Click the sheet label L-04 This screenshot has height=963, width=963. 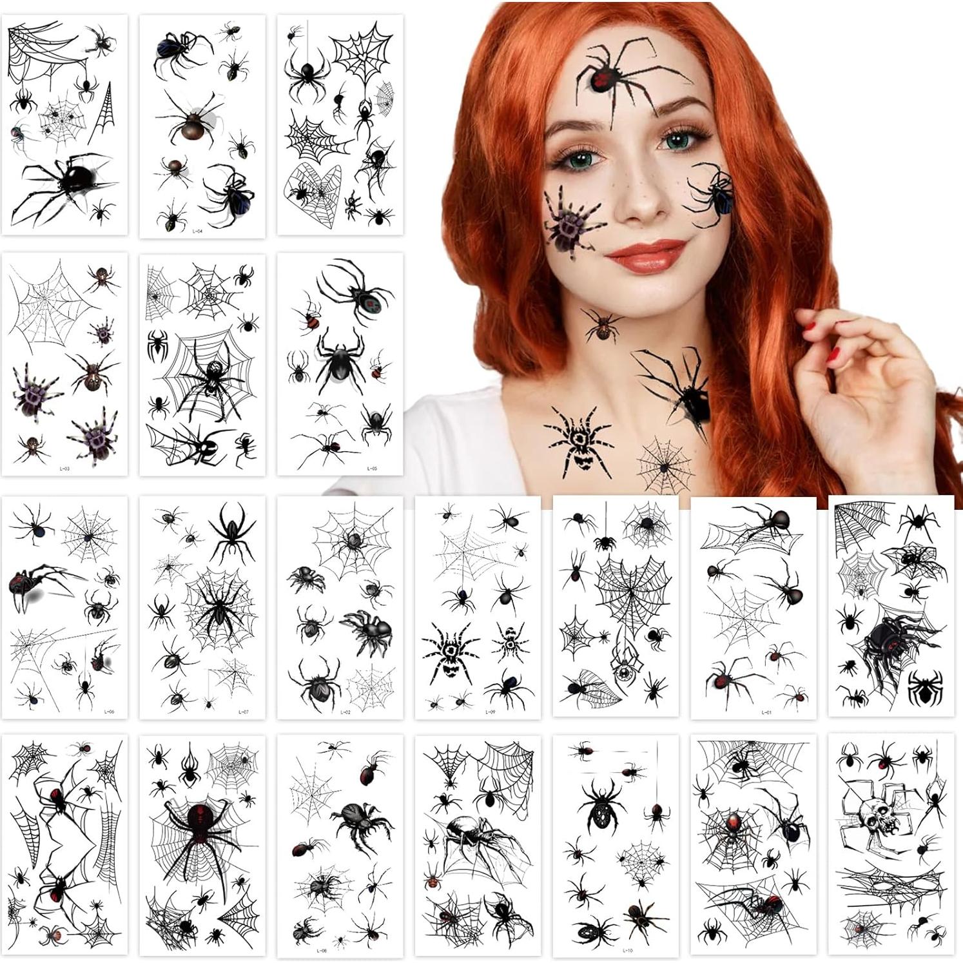pos(198,231)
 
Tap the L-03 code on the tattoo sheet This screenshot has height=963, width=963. pos(64,469)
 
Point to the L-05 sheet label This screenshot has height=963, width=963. pos(372,469)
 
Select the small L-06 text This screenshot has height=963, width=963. pos(110,712)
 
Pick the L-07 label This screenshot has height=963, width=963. pos(243,712)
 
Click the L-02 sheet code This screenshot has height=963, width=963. pos(345,712)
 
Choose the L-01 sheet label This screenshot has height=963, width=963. pos(766,712)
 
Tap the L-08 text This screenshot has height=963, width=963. pos(322,950)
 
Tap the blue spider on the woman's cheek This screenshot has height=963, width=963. pos(715,193)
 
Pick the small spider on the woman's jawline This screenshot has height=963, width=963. pos(602,326)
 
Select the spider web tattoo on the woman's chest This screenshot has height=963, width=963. pos(665,464)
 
